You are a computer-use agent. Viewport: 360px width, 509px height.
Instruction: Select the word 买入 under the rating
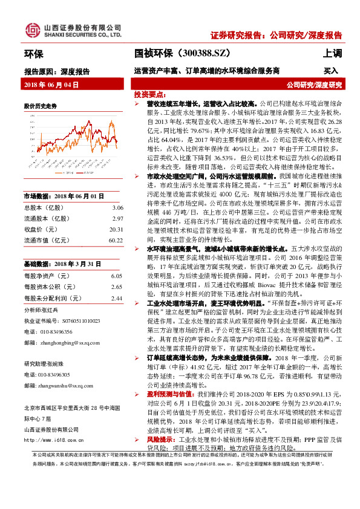tap(331, 71)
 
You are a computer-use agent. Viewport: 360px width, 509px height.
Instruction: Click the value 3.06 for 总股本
tap(117, 207)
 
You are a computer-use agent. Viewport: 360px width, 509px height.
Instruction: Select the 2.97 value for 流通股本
tap(117, 218)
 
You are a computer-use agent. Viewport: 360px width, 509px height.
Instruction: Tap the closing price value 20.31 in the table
tap(116, 229)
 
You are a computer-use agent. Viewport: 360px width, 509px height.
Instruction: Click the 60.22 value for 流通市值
tap(116, 240)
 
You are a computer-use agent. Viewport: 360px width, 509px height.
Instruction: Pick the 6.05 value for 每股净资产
tap(117, 275)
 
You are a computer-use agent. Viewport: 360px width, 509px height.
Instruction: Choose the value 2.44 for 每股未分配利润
tap(117, 297)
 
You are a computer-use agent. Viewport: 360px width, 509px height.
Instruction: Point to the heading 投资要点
tap(148, 95)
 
